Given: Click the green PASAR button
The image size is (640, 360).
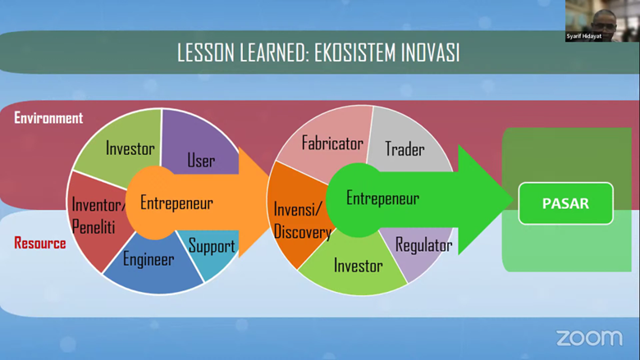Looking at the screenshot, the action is (x=565, y=203).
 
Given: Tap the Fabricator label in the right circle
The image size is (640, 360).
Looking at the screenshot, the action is (x=332, y=144).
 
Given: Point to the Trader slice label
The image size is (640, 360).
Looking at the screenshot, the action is (x=405, y=149).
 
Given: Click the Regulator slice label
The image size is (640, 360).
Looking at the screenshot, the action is (x=423, y=245).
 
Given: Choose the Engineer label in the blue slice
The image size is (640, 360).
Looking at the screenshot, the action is (x=149, y=259).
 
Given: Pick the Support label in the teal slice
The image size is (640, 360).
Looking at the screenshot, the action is (x=212, y=246).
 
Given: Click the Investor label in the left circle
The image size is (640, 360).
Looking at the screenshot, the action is (x=130, y=148).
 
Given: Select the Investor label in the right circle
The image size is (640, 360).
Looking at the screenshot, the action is (x=359, y=266).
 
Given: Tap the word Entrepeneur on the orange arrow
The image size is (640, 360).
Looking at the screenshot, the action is (x=176, y=203).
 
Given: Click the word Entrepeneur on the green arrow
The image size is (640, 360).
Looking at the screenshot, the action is (x=382, y=198).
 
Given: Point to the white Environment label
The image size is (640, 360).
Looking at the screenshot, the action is (x=48, y=118).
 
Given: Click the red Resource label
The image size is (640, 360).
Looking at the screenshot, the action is (x=40, y=243).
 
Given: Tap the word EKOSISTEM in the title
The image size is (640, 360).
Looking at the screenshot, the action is (x=355, y=52).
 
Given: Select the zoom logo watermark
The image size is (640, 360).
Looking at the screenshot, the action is (x=589, y=338).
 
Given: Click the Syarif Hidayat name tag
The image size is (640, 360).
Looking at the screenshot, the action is (x=583, y=36).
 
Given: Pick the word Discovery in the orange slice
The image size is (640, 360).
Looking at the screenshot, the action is (x=303, y=232).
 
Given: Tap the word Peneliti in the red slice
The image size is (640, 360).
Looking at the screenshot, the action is (x=94, y=227).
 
